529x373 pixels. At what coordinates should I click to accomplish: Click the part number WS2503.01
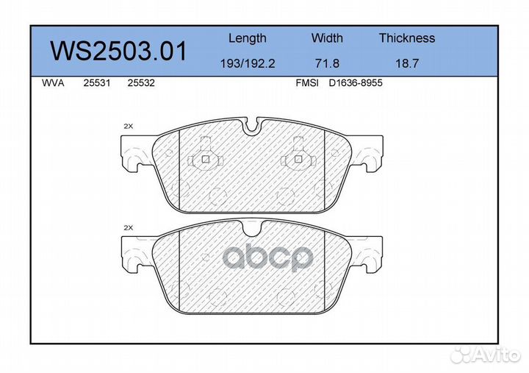118,51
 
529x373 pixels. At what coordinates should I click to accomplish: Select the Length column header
248,38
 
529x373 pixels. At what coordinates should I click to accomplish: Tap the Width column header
327,38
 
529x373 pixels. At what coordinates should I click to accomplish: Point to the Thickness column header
407,38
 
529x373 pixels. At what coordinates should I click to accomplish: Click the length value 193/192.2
248,63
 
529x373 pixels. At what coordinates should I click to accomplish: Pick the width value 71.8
327,63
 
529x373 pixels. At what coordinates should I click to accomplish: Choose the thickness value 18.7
407,63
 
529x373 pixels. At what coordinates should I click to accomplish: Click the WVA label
53,83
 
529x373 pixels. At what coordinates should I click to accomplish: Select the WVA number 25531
97,83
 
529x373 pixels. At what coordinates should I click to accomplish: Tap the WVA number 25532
141,83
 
